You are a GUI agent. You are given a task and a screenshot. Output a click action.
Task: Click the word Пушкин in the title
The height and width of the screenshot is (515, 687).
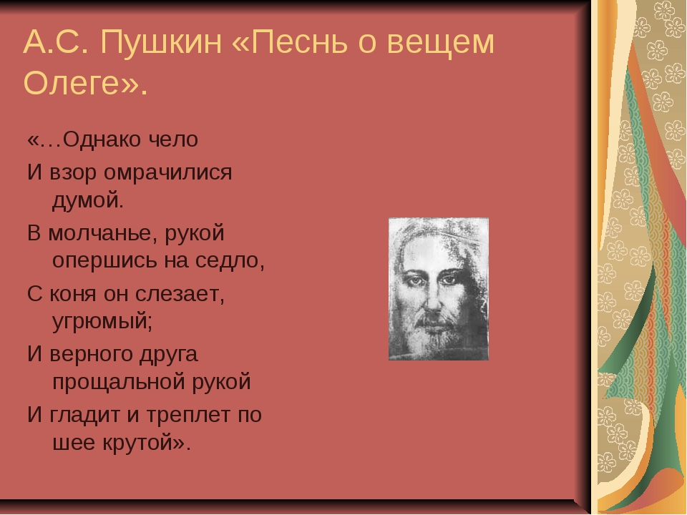[161, 42]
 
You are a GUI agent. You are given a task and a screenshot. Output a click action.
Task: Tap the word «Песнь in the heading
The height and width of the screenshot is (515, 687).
[289, 42]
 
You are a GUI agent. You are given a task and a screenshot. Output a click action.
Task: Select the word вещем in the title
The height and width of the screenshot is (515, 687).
[441, 42]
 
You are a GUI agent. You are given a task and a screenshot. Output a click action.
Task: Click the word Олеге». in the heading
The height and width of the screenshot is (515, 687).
[85, 82]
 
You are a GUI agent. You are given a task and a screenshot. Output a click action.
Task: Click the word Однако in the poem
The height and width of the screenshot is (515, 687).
[102, 139]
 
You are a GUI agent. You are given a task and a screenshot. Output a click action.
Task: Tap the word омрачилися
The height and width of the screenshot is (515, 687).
[167, 173]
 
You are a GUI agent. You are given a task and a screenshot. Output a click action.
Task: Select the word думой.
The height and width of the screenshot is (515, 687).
[88, 200]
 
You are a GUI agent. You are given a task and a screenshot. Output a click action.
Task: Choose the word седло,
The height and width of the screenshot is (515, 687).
[230, 260]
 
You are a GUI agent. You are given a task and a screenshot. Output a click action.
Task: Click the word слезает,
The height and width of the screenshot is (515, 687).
[180, 294]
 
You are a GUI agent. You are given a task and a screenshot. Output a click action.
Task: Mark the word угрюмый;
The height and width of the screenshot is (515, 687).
[102, 322]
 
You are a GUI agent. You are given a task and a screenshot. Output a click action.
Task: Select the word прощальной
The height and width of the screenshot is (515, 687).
[118, 382]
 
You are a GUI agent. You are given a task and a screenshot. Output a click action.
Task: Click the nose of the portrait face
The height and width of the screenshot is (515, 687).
[433, 300]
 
